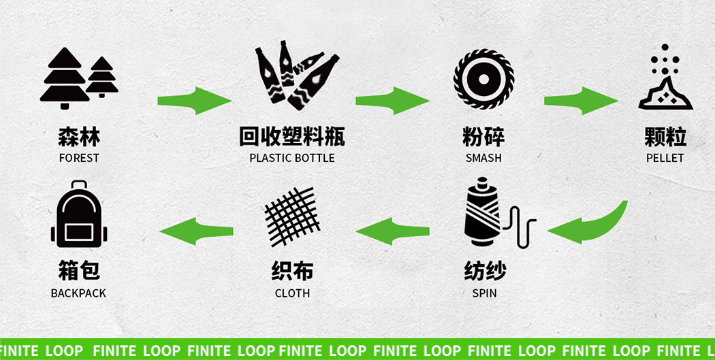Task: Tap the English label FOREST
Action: click(x=79, y=158)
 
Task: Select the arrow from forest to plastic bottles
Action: click(x=194, y=101)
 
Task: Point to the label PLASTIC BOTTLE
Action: click(x=292, y=158)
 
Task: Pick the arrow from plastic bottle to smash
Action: click(x=392, y=101)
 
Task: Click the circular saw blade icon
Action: click(x=483, y=79)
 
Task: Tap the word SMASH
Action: click(x=483, y=158)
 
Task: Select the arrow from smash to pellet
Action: click(x=580, y=101)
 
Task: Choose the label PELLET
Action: click(x=665, y=158)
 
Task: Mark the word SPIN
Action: click(x=484, y=293)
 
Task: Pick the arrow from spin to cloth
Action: click(x=392, y=231)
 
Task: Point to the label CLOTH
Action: click(x=292, y=293)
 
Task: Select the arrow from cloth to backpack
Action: click(x=196, y=231)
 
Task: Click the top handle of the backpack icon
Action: click(x=79, y=185)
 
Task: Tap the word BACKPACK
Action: click(x=78, y=293)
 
